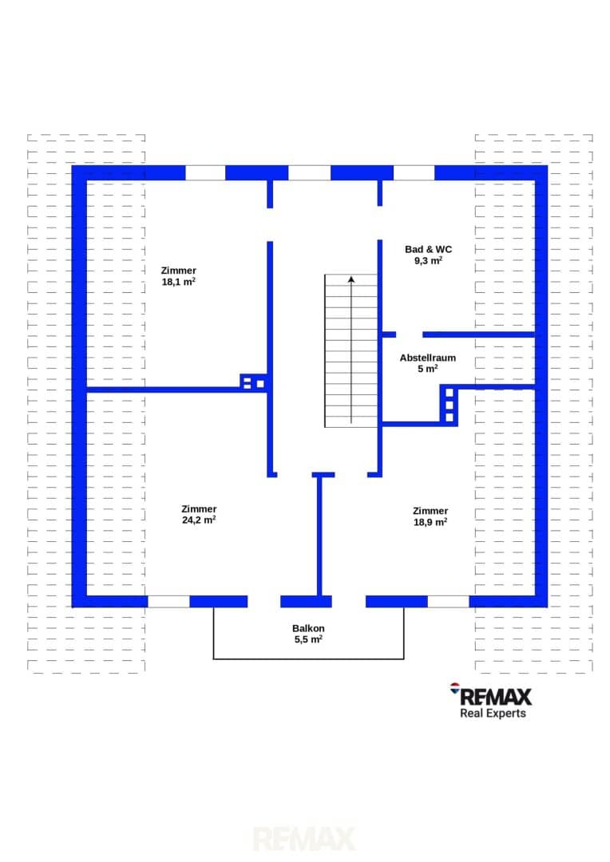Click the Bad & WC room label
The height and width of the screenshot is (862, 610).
[428, 249]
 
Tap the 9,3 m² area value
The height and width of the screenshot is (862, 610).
[428, 260]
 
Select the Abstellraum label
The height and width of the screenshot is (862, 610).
[427, 358]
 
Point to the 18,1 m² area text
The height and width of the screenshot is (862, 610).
[178, 282]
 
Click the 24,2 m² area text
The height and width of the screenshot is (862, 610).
[199, 520]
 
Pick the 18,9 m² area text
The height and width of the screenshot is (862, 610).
[430, 522]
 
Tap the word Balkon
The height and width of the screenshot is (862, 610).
[308, 628]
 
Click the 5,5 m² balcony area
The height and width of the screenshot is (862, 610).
[308, 639]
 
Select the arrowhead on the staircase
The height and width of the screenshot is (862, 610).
[351, 279]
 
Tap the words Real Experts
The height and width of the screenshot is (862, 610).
[493, 713]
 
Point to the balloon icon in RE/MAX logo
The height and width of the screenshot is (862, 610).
[455, 688]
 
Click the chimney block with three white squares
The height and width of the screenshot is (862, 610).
[449, 405]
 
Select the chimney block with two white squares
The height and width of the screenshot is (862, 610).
[254, 382]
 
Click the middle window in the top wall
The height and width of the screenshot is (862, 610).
[309, 172]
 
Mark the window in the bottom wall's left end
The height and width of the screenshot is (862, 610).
[168, 602]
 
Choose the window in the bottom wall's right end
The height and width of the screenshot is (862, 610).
[448, 602]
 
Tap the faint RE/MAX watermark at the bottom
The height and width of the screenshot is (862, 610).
[304, 840]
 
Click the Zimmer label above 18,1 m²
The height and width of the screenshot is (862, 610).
[178, 271]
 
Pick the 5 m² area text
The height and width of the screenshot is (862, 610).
[427, 369]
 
